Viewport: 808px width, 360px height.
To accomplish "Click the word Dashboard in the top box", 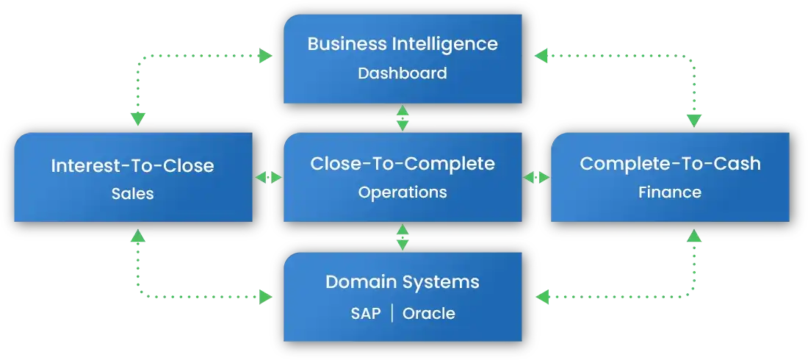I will point(402,73).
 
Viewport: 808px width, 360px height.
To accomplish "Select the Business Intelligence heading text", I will point(402,43).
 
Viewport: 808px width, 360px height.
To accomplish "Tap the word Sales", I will point(132,195).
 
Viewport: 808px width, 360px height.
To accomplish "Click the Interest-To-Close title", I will point(132,165).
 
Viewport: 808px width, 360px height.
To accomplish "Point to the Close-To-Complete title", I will point(402,163).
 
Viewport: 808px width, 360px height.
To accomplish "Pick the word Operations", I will point(402,192).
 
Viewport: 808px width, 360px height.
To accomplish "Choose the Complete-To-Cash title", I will point(670,163).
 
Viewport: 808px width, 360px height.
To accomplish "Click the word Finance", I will point(670,192).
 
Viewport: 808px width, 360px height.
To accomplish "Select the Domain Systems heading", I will point(402,282).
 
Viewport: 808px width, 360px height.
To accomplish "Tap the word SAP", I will point(365,314).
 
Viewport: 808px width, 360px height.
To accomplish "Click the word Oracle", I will point(428,314).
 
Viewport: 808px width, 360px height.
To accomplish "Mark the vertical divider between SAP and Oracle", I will point(392,314).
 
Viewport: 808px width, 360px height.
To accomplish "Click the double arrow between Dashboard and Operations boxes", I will point(402,118).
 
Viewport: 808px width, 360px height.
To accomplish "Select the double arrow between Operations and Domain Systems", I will point(402,237).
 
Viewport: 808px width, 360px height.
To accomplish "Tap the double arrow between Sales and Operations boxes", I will point(268,178).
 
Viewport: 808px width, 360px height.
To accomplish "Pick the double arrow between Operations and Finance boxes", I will point(536,178).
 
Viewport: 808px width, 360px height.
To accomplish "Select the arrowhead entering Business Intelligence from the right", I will point(542,55).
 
